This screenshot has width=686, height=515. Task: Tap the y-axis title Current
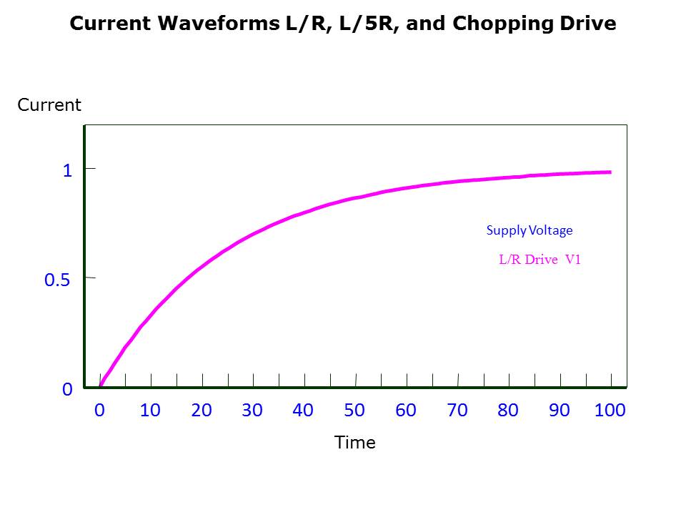tap(49, 105)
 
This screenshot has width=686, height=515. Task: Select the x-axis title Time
tap(355, 443)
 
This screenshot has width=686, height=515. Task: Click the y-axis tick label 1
tap(67, 170)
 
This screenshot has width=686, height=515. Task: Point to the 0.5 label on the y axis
tap(57, 280)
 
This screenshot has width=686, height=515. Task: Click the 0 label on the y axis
tap(67, 389)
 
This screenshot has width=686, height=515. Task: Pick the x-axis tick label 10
tap(150, 411)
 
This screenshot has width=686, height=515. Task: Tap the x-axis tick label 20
tap(202, 411)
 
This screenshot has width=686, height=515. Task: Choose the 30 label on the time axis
tap(252, 411)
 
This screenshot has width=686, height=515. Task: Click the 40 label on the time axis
tap(303, 411)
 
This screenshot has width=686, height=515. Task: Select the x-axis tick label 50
tap(354, 411)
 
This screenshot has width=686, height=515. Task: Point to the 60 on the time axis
tap(406, 411)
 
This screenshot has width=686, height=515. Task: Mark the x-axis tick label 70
tap(457, 411)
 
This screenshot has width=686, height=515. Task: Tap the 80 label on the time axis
tap(508, 411)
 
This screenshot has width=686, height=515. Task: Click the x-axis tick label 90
tap(560, 411)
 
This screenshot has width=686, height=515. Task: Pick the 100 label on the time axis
tap(610, 411)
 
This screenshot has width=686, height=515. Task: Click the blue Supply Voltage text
tap(530, 230)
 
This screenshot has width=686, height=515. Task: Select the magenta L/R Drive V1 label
tap(540, 260)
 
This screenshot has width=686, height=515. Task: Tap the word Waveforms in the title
tap(209, 24)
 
